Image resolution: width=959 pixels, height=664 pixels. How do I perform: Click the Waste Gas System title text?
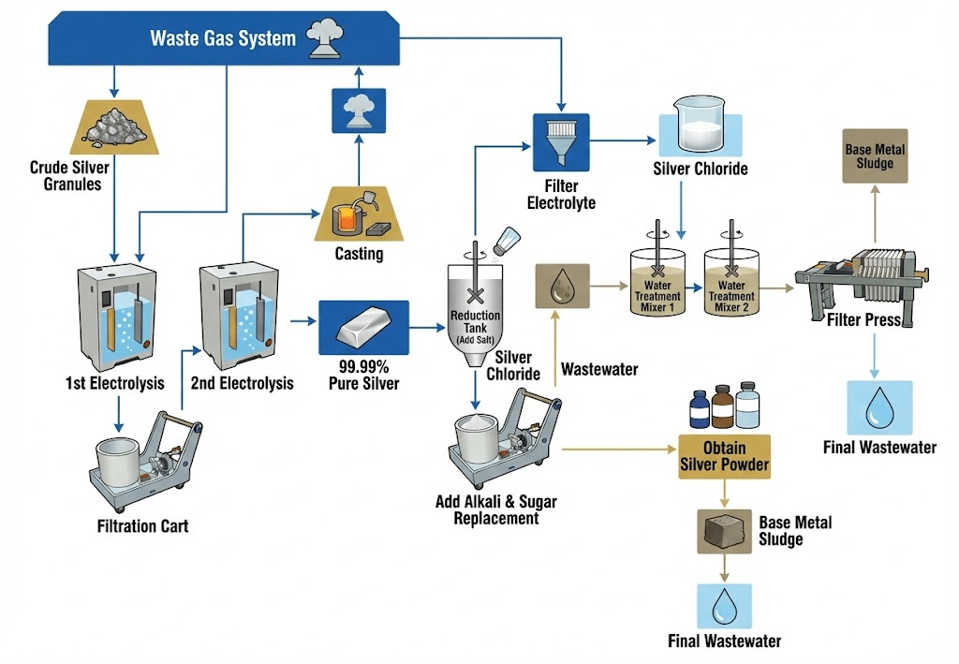223,38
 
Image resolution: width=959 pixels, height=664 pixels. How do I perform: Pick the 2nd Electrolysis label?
242,383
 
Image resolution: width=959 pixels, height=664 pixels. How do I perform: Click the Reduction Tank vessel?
474,313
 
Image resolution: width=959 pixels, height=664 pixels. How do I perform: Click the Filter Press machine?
860,273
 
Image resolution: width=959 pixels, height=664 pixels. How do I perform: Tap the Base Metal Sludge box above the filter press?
869,157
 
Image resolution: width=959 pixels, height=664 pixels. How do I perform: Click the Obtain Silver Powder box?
725,456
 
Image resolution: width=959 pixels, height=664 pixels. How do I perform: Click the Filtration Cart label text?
142,526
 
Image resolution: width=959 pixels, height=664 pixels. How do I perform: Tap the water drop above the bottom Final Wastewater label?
724,607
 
